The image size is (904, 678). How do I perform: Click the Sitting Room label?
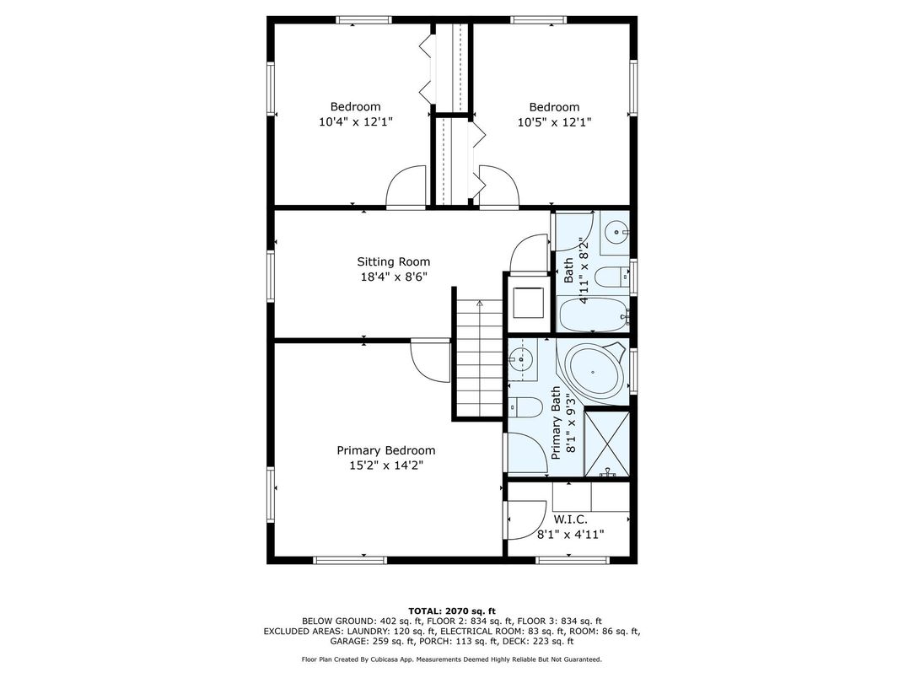[393, 261]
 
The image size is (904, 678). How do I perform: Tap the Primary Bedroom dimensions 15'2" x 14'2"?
[386, 465]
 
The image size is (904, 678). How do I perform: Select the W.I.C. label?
[571, 520]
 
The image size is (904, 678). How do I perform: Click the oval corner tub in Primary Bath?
[595, 369]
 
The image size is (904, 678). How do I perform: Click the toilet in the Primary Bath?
[525, 408]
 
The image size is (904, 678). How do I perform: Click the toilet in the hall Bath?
[611, 277]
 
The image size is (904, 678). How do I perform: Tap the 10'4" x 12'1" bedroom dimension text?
[356, 122]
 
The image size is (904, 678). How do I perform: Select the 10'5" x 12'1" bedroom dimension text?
[555, 122]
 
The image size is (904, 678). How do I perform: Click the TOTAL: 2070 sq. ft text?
[452, 611]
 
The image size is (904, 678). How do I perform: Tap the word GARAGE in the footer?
[348, 641]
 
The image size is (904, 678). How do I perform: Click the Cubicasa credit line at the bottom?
[451, 659]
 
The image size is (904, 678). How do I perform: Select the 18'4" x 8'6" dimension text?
[394, 277]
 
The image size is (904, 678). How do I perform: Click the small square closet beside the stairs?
[528, 303]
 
